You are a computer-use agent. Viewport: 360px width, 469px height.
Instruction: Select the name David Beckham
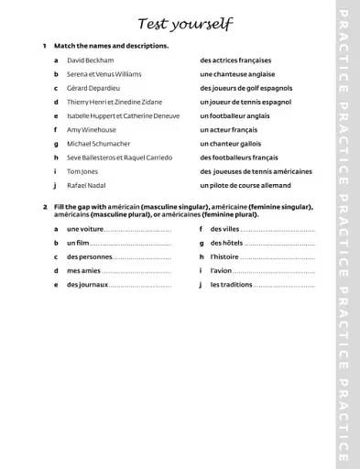(x=90, y=60)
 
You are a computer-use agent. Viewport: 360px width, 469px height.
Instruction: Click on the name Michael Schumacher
(x=98, y=144)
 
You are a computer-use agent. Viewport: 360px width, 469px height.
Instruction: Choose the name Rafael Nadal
(x=86, y=185)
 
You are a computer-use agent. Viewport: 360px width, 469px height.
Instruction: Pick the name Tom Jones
(x=83, y=171)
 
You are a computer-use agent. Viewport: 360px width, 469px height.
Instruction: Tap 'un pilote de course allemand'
(x=245, y=185)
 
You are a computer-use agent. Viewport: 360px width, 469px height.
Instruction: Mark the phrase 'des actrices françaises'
(x=235, y=60)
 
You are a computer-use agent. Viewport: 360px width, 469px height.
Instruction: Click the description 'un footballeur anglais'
(x=235, y=116)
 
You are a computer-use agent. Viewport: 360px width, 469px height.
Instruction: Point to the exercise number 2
(x=44, y=207)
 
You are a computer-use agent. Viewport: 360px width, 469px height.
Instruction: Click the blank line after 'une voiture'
(x=138, y=230)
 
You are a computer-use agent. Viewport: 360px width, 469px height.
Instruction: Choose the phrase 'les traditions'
(x=231, y=285)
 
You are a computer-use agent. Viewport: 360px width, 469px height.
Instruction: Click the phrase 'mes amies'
(x=83, y=271)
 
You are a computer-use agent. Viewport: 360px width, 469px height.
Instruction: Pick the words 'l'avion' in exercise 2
(x=221, y=271)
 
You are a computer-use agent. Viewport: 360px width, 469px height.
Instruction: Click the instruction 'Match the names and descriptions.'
(x=111, y=46)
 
